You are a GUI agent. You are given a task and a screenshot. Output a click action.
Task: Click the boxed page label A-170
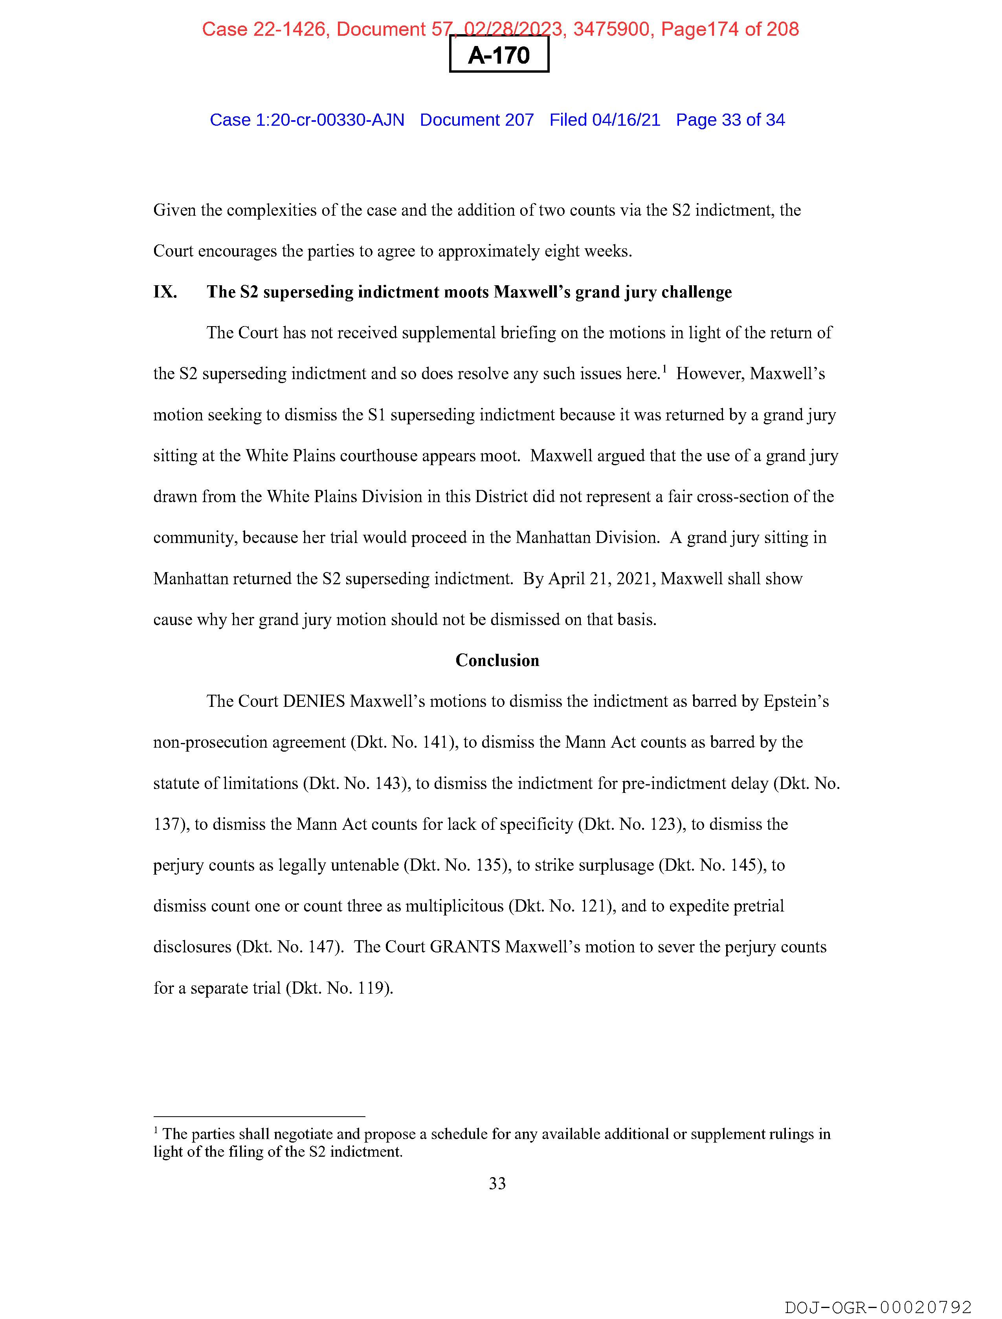click(499, 55)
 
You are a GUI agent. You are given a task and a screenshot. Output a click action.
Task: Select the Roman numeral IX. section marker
click(165, 292)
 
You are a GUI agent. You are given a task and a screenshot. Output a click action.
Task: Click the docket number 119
click(372, 988)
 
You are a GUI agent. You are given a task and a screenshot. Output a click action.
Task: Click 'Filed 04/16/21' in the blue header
click(604, 120)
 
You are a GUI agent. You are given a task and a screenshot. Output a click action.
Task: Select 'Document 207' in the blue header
click(477, 120)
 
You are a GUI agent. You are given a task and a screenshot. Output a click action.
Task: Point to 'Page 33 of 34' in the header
click(730, 120)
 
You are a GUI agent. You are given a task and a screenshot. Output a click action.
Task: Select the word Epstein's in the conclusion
click(796, 701)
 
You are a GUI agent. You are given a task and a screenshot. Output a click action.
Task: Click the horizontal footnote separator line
click(259, 1116)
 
